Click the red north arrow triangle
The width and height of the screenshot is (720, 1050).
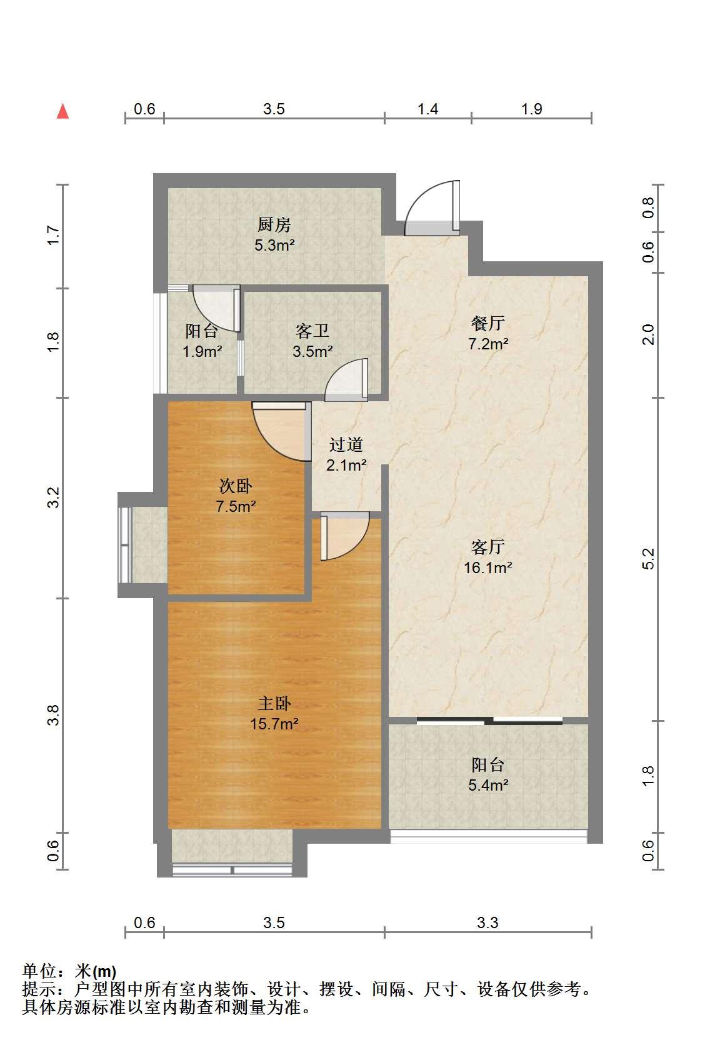pyautogui.click(x=62, y=111)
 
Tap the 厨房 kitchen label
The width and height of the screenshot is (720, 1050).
pyautogui.click(x=274, y=224)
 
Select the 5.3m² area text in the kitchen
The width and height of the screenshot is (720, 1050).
pyautogui.click(x=274, y=245)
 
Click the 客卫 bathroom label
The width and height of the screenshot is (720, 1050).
pyautogui.click(x=312, y=331)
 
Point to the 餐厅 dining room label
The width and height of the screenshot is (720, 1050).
pyautogui.click(x=488, y=323)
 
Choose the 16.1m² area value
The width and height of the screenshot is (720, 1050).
pyautogui.click(x=488, y=567)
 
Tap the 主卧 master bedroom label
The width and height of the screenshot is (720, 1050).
pyautogui.click(x=274, y=704)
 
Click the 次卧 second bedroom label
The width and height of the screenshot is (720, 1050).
pyautogui.click(x=236, y=486)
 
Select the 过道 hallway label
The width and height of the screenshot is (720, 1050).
pyautogui.click(x=346, y=444)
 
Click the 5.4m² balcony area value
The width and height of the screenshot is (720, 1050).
pyautogui.click(x=488, y=785)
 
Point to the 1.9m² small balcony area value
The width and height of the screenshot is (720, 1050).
pyautogui.click(x=202, y=351)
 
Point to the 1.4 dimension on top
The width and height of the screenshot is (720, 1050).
pyautogui.click(x=427, y=109)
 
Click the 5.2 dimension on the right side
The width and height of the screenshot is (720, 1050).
pyautogui.click(x=647, y=559)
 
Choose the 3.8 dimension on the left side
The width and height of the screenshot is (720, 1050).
pyautogui.click(x=53, y=715)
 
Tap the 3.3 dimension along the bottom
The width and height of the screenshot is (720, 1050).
pyautogui.click(x=487, y=922)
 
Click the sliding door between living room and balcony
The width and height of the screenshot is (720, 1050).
pyautogui.click(x=489, y=721)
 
